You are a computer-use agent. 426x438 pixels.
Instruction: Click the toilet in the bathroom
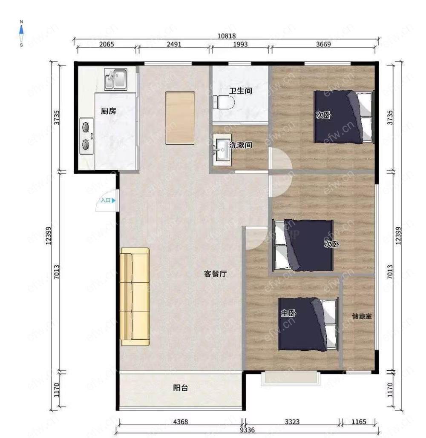click(223, 103)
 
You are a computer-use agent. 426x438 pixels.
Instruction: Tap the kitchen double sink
click(116, 79)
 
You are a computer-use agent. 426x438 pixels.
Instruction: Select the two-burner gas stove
click(86, 136)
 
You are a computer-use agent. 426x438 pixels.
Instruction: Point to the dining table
click(180, 118)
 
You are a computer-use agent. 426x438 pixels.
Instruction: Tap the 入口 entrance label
click(106, 200)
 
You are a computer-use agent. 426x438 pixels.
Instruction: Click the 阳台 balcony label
click(181, 388)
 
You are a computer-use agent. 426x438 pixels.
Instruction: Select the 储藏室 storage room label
click(362, 316)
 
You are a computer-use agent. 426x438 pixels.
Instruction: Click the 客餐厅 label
click(215, 274)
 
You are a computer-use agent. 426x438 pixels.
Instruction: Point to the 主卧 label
click(288, 313)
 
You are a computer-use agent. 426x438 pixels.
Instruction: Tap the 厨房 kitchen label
click(109, 111)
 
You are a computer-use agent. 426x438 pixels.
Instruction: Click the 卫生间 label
click(241, 91)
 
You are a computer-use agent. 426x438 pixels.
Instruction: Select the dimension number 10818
click(227, 36)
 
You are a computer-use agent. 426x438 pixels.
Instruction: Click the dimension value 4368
click(181, 421)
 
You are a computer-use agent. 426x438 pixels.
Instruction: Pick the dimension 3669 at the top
click(323, 44)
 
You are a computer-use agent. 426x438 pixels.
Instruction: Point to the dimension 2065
click(106, 44)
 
